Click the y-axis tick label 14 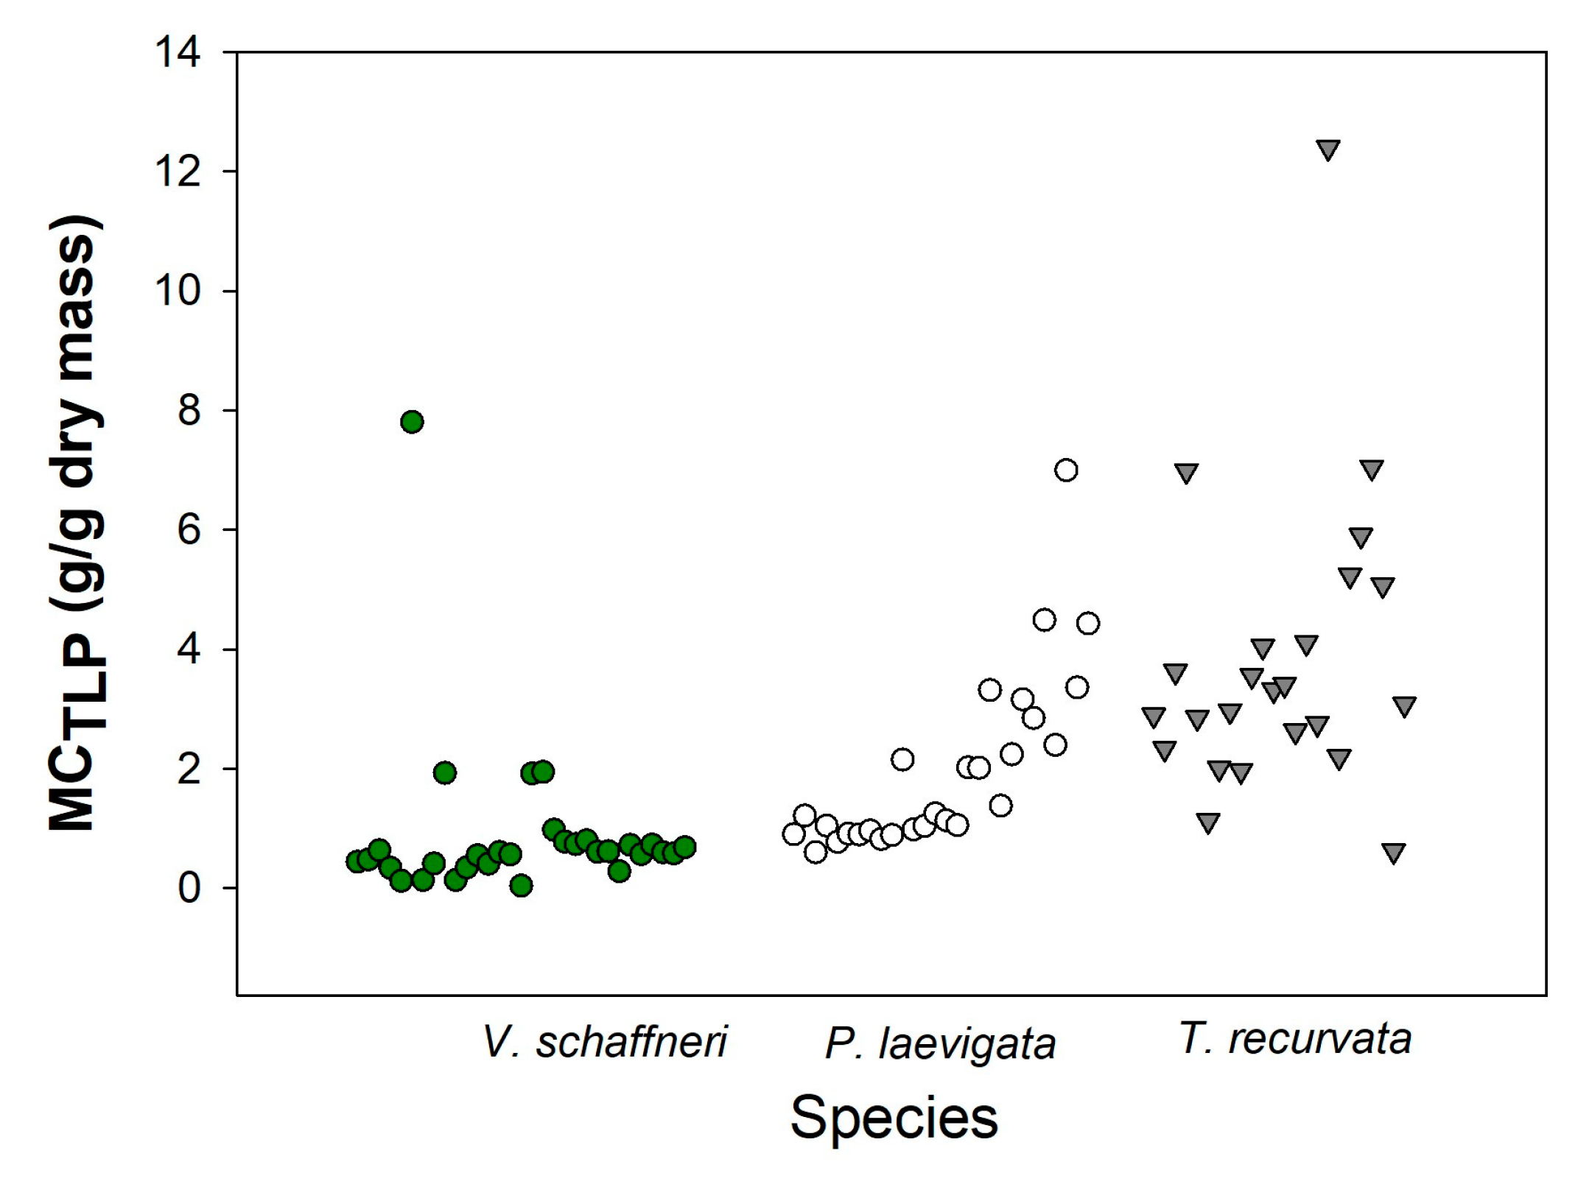tap(177, 53)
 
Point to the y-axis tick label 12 tap(177, 172)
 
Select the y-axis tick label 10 tap(177, 292)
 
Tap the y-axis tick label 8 tap(189, 411)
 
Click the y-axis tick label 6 tap(189, 530)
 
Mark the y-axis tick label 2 tap(189, 769)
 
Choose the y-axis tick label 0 tap(189, 889)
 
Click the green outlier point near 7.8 tap(412, 422)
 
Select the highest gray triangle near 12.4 tap(1328, 149)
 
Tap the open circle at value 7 tap(1066, 470)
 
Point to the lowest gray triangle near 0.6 tap(1393, 853)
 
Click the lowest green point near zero tap(521, 885)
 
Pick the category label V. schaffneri tap(604, 1042)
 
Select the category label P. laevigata tap(940, 1044)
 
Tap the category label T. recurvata tap(1295, 1039)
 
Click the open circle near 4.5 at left tap(1044, 620)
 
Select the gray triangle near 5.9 tap(1361, 538)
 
